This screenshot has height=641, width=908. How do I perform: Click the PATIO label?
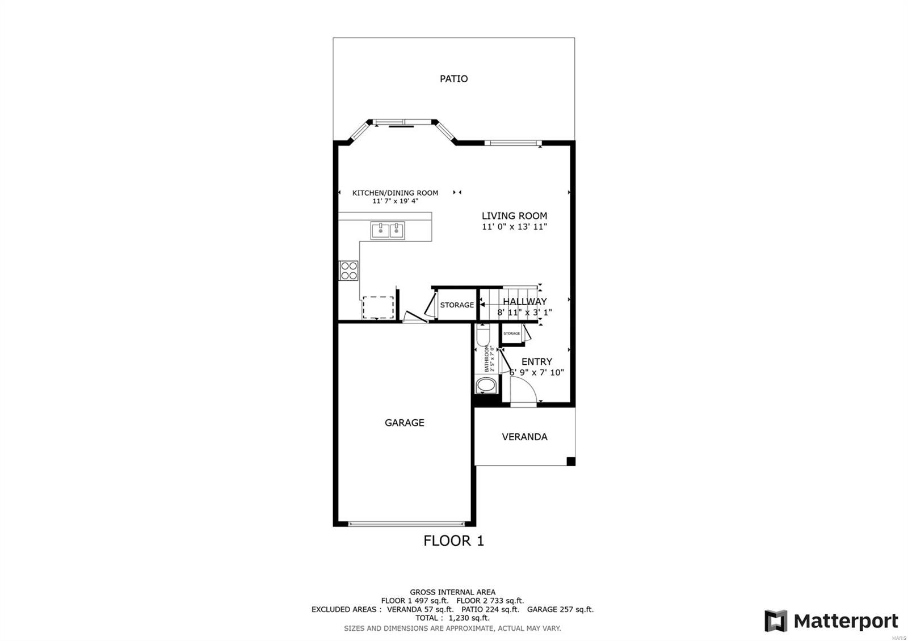453,79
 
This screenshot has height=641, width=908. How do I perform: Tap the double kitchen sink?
388,230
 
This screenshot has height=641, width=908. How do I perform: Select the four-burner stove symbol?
348,271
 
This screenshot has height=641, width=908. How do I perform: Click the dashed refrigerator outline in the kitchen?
378,307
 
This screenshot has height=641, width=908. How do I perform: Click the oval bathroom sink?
486,386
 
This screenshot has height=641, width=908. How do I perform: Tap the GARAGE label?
404,423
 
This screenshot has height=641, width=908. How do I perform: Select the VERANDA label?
524,437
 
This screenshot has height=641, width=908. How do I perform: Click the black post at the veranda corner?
571,461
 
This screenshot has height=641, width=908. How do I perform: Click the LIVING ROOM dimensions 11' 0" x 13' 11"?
514,227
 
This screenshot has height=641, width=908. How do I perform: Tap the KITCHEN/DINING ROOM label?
395,193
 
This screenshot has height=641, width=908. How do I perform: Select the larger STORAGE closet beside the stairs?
457,305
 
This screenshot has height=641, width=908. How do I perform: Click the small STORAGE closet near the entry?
511,334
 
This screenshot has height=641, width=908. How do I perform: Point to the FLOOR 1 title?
453,541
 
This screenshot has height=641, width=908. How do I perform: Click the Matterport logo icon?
776,621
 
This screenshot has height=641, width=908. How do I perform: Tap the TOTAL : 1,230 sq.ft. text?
452,618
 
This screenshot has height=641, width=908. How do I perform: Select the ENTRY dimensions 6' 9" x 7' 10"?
536,373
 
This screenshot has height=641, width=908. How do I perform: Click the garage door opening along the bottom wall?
406,524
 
